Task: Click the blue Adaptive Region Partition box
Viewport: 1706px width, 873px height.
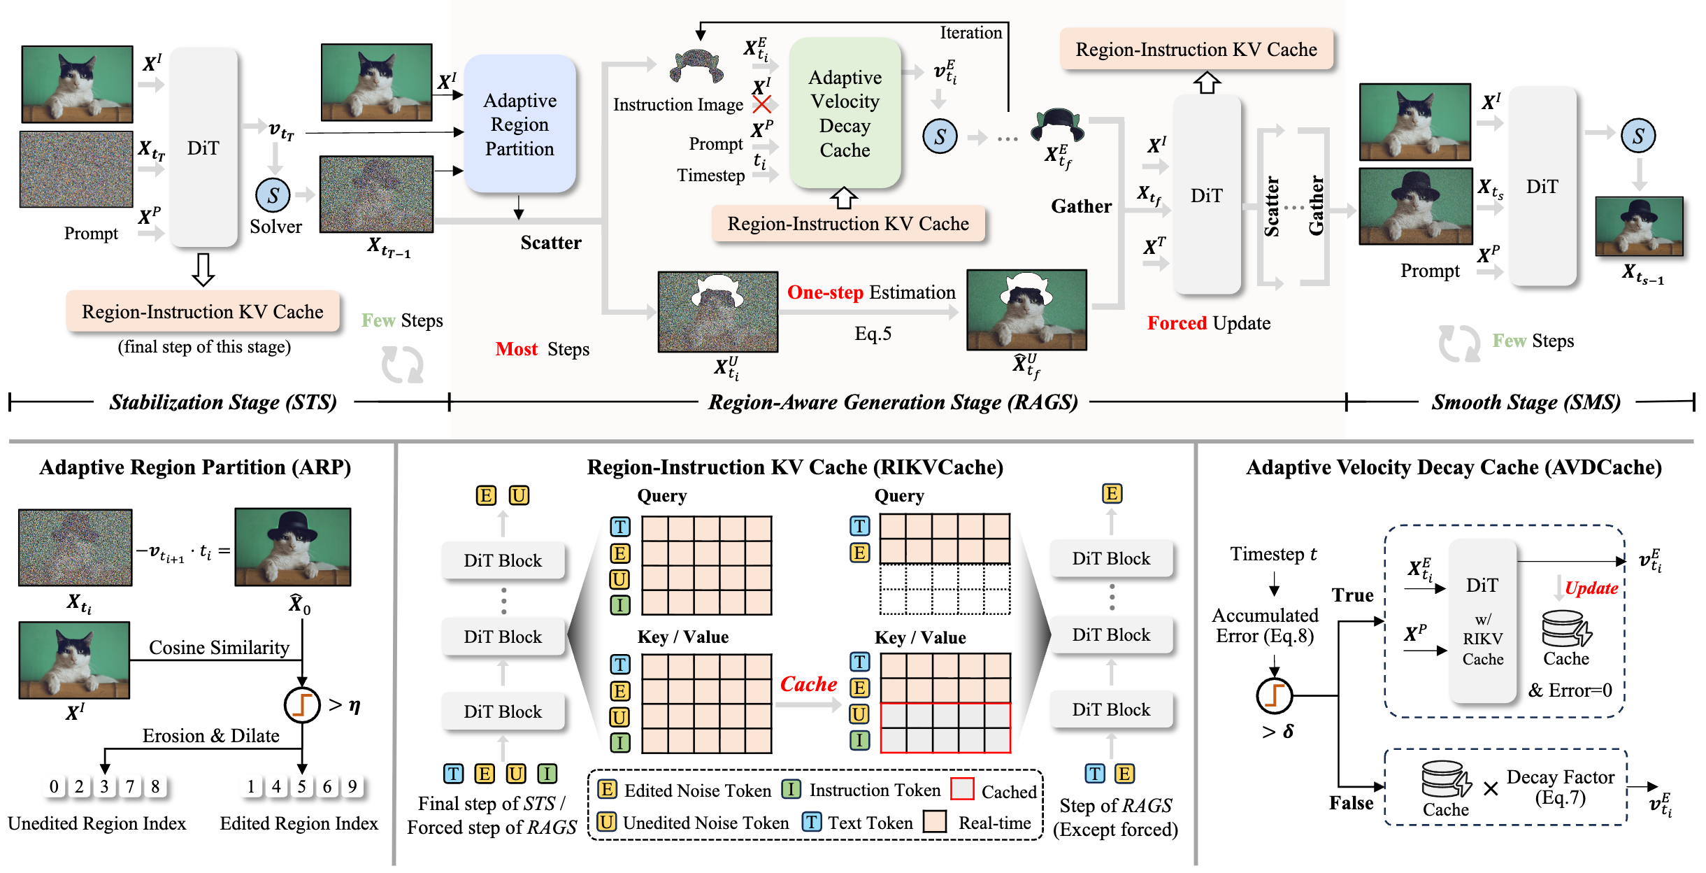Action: point(519,125)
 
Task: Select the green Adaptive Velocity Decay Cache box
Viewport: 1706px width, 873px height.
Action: point(845,113)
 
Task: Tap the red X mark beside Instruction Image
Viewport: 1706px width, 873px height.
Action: point(761,104)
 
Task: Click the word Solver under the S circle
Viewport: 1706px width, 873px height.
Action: point(275,227)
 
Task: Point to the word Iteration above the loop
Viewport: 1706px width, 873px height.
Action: point(970,33)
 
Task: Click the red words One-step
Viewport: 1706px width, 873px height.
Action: point(825,292)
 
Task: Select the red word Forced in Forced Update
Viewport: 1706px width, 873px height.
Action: point(1177,323)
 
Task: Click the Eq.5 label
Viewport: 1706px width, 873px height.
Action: point(873,334)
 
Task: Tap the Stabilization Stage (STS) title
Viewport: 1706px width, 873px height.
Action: point(223,402)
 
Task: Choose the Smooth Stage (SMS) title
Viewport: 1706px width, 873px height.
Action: point(1526,402)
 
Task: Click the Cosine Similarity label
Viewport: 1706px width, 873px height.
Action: point(219,648)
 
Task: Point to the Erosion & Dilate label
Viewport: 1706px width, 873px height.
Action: point(210,736)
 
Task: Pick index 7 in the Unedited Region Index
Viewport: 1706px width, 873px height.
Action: point(129,787)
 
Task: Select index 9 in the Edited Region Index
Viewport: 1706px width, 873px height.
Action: point(352,787)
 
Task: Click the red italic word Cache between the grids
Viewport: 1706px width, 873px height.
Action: point(808,684)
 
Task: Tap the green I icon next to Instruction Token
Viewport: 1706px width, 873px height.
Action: point(791,790)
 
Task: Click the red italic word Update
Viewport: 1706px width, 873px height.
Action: point(1591,588)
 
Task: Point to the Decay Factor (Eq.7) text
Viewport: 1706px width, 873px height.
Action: point(1560,787)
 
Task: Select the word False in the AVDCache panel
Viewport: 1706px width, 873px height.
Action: point(1351,803)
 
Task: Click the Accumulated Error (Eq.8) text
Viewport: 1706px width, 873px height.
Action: point(1265,625)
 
